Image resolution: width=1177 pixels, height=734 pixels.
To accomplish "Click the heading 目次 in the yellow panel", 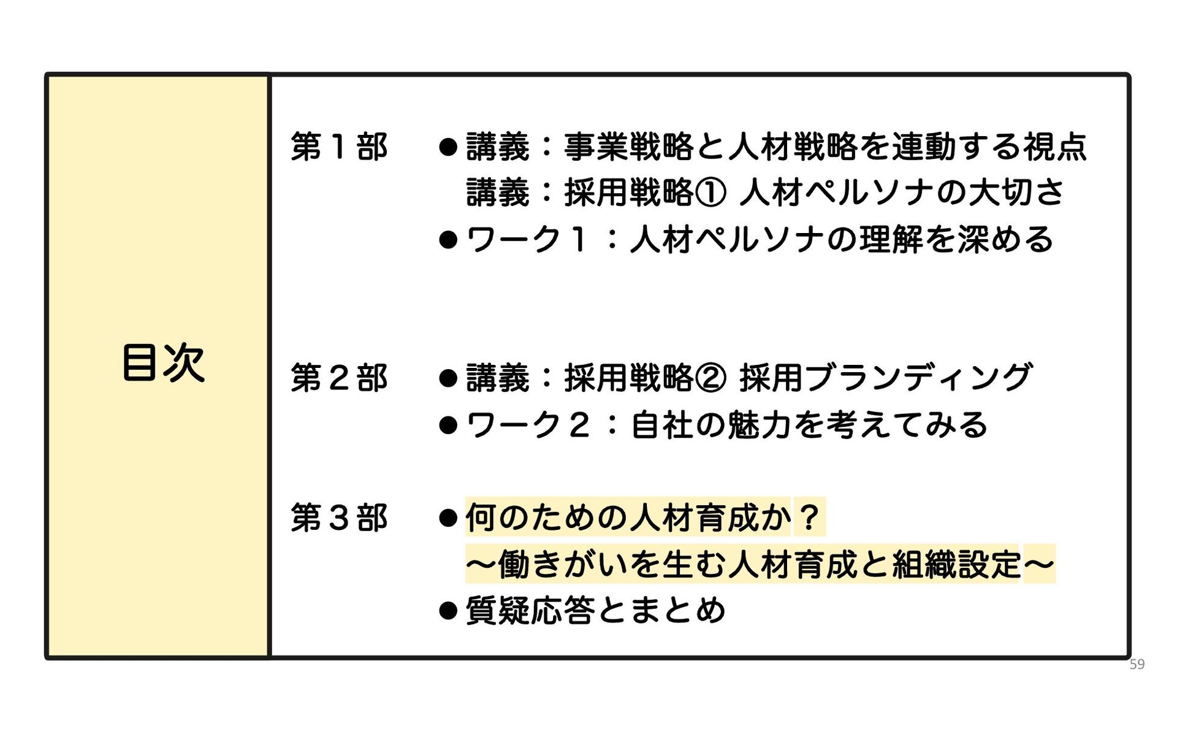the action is (163, 362).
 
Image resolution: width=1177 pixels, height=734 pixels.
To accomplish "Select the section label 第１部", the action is (339, 147).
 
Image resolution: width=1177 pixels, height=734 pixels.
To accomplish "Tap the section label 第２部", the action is (339, 378).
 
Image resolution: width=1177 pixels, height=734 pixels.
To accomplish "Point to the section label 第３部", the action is (339, 518).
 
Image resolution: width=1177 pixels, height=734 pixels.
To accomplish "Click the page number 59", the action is (1137, 664).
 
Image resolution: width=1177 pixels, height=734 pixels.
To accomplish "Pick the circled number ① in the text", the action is (710, 193).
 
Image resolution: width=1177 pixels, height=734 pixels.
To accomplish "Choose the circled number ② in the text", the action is (710, 378).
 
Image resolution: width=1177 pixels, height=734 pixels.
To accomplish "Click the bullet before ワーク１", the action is (448, 240).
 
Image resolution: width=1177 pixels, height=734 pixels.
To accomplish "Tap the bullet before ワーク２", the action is (448, 425).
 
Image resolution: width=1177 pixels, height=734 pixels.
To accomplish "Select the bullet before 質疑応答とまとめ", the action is (448, 611).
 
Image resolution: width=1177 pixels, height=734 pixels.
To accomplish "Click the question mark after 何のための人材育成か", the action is (809, 518).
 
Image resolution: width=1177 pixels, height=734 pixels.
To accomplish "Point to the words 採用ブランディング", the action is (885, 378).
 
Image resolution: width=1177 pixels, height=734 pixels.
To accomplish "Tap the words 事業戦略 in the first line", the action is (628, 147).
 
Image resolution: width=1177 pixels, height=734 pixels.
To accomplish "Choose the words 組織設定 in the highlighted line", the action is (956, 564).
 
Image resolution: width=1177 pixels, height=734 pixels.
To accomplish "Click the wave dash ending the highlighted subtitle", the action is (1038, 564).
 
